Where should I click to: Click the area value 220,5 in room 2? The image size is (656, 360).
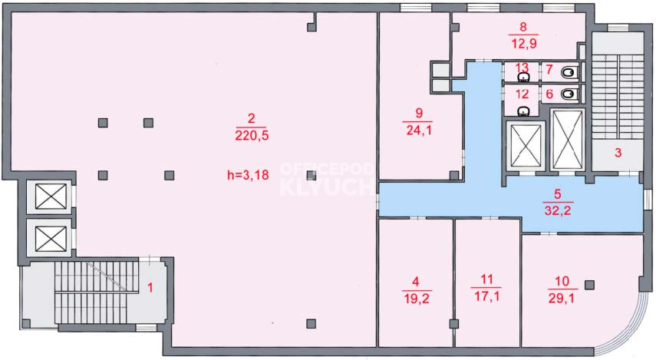tap(252, 136)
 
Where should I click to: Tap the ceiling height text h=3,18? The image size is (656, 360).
tap(248, 175)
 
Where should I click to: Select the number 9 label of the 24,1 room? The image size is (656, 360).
tap(419, 113)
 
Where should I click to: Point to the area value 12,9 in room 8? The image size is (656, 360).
tap(524, 43)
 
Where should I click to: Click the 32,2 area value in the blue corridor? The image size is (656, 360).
tap(557, 210)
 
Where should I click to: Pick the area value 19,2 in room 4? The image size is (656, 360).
tap(417, 299)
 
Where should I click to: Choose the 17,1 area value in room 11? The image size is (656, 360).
tap(486, 296)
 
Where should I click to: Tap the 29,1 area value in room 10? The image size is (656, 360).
tap(562, 299)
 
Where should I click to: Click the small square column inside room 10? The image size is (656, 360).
tap(589, 285)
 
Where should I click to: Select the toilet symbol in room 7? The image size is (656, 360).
tap(569, 73)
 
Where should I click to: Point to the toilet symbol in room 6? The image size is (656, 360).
tap(569, 94)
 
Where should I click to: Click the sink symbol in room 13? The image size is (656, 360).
tap(523, 77)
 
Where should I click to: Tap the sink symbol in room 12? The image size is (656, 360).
tap(523, 111)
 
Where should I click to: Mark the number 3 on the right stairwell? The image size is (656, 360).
tap(618, 153)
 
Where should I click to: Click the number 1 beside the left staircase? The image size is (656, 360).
tap(150, 288)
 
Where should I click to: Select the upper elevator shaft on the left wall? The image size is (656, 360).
tap(51, 197)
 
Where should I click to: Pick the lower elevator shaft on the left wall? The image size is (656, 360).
tap(51, 238)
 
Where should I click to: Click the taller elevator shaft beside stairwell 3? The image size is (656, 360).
tap(567, 139)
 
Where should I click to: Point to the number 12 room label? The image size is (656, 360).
tap(522, 94)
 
